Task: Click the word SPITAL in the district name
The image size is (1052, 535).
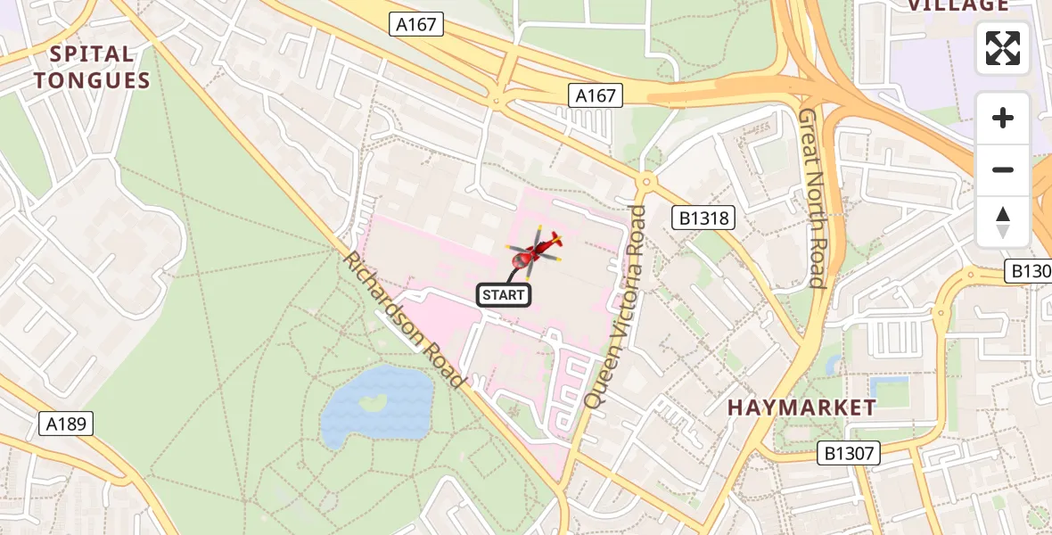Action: point(92,54)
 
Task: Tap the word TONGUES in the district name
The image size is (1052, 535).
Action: point(92,80)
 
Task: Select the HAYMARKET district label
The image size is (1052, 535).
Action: point(801,407)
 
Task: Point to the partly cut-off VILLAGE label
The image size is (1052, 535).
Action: point(957,5)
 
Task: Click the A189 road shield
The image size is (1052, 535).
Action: point(66,423)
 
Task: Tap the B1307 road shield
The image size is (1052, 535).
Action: point(849,454)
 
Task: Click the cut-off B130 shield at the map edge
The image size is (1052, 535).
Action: point(1030,271)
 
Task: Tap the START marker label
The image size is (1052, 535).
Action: point(504,294)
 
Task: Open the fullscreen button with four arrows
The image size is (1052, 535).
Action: point(1003,48)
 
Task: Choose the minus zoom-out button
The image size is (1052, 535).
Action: point(1003,169)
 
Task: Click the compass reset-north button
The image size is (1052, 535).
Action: point(1003,221)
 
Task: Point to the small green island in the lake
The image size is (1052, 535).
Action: point(374,403)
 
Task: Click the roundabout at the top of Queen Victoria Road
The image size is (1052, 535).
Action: point(646,182)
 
